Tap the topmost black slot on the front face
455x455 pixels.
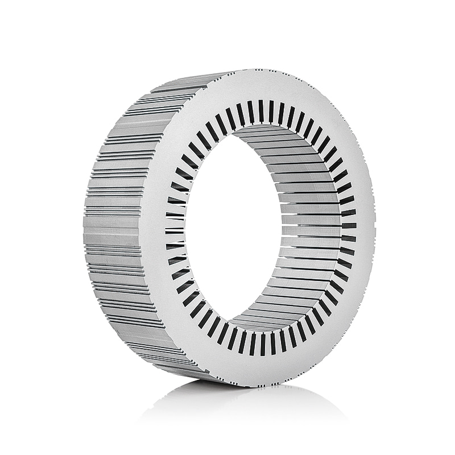click(x=262, y=111)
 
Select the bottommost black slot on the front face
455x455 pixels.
click(x=262, y=344)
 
